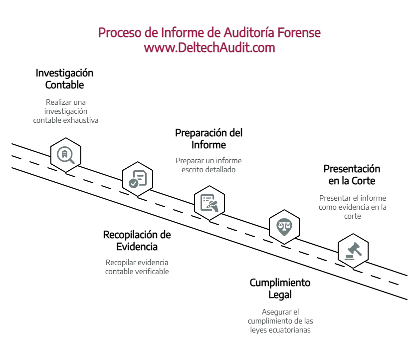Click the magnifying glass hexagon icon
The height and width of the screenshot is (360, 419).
coord(66,154)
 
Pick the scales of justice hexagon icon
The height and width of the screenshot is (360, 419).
coord(284,226)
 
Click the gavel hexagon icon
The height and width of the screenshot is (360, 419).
coord(353,249)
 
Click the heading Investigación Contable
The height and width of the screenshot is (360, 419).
coord(64,79)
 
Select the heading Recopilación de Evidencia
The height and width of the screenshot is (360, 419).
coord(137,240)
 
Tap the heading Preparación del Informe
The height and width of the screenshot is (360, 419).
coord(209,139)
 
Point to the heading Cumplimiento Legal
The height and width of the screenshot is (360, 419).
coord(280,289)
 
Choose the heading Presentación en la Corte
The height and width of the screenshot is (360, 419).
coord(352,174)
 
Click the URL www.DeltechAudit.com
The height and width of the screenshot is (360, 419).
coord(209,48)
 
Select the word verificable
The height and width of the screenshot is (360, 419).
coord(150,272)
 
